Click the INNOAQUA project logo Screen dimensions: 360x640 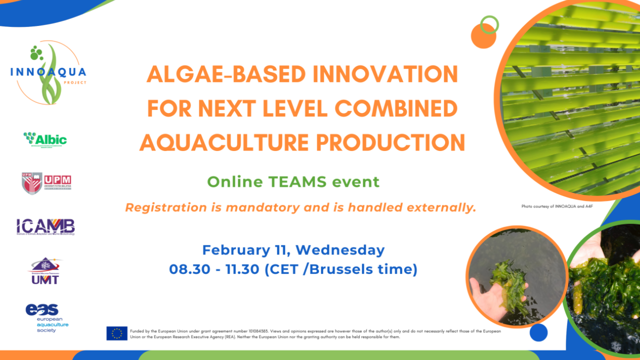pos(48,73)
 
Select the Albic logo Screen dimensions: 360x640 pos(45,139)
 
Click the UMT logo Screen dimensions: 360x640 pos(45,271)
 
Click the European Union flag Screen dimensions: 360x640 pos(116,333)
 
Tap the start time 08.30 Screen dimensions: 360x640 pos(186,269)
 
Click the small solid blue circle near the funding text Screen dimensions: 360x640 pos(538,332)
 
